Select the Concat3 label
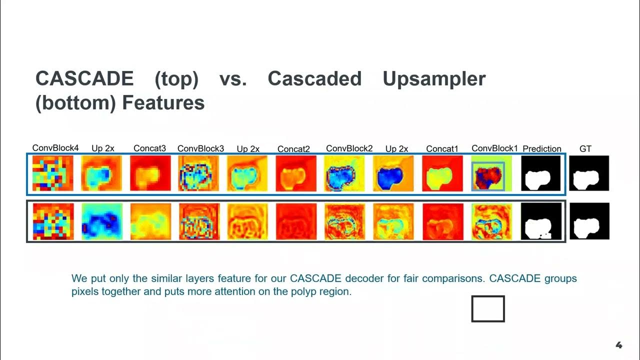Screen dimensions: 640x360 [149, 148]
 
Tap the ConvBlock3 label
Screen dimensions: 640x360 [200, 148]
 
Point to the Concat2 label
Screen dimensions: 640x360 [293, 149]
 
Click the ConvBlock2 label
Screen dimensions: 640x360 [349, 148]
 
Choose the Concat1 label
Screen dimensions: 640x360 [442, 148]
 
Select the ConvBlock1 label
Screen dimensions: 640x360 [494, 148]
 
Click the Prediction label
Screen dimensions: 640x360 [541, 149]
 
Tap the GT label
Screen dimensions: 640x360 [585, 148]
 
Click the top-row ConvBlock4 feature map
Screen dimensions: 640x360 [52, 173]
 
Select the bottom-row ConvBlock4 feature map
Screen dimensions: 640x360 [52, 221]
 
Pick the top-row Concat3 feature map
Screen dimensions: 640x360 [150, 173]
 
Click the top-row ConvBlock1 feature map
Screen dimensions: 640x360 [488, 175]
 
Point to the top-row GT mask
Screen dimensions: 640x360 [589, 173]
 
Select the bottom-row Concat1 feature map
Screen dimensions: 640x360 [442, 221]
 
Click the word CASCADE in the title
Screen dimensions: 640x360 [84, 79]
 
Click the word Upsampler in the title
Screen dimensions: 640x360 [434, 79]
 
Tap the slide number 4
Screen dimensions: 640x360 [618, 345]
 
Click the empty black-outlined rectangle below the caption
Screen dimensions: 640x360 [488, 308]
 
